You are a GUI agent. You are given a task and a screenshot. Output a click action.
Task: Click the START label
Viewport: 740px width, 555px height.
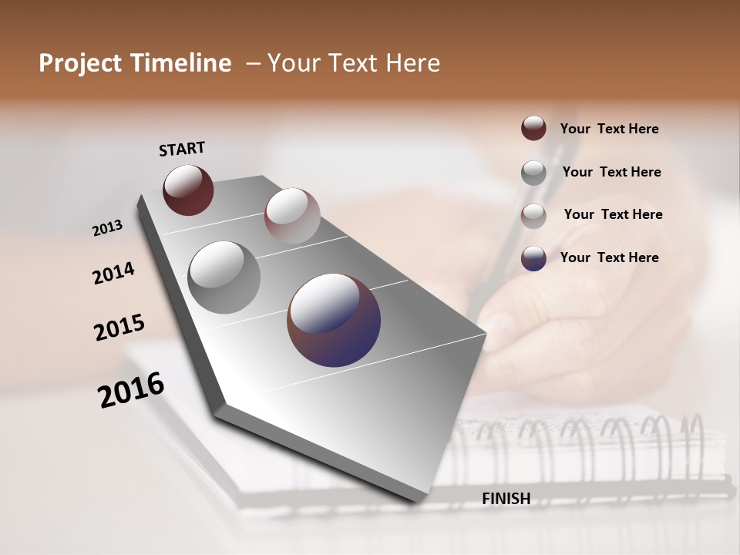click(182, 148)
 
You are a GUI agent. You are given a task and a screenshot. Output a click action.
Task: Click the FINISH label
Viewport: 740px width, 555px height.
click(506, 499)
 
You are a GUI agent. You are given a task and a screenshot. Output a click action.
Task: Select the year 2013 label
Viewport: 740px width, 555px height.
click(108, 228)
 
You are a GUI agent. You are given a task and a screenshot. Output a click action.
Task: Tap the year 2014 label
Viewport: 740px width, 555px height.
click(114, 274)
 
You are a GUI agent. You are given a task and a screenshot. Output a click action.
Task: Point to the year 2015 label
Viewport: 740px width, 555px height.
click(119, 328)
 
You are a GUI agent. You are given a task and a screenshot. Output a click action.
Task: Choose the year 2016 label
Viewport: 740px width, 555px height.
click(131, 389)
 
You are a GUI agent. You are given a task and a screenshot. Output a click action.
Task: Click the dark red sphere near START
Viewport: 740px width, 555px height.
click(188, 190)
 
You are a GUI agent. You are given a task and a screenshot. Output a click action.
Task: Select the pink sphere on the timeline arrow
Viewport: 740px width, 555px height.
click(292, 216)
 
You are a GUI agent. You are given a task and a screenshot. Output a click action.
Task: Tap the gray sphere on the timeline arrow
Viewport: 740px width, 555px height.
click(224, 277)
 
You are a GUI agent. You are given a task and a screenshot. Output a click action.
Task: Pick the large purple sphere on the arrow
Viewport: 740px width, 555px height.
click(334, 320)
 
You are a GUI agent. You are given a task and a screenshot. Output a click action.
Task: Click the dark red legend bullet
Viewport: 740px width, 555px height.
click(533, 128)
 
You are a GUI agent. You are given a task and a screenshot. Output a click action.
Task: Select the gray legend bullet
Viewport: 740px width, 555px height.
click(533, 173)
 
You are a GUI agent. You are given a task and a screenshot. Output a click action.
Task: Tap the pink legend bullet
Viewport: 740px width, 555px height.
click(533, 216)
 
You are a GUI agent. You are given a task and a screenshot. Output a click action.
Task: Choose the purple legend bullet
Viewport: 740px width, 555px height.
click(533, 258)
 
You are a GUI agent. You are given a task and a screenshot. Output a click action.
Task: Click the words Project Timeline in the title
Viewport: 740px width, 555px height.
click(135, 63)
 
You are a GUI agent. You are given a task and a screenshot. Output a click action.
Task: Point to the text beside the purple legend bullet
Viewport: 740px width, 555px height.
click(609, 257)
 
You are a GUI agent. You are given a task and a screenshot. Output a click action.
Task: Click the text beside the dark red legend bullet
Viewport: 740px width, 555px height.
click(609, 129)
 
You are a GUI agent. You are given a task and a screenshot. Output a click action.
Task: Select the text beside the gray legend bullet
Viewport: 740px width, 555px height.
click(611, 172)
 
